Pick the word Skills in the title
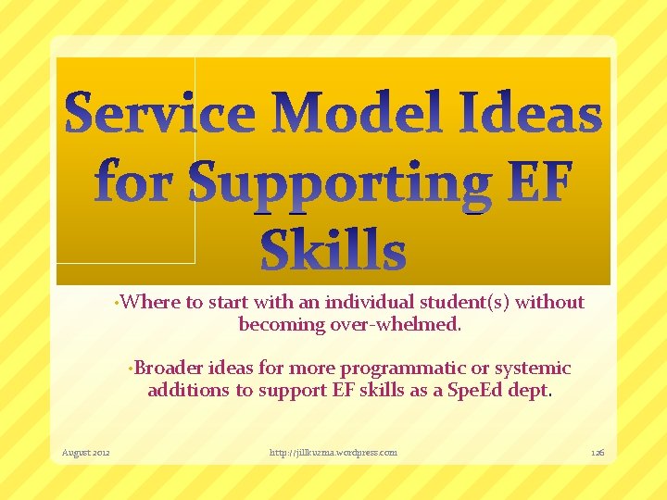tap(333, 251)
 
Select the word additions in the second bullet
tap(188, 390)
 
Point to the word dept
tap(529, 390)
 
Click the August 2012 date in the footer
tap(85, 453)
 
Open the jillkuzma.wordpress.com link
tap(333, 453)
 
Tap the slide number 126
tap(598, 453)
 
